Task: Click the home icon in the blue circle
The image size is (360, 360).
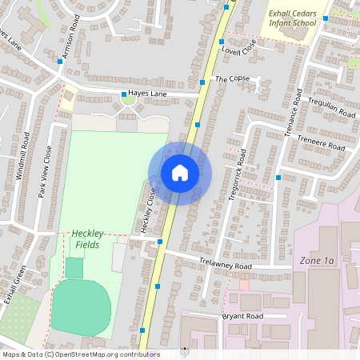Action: pyautogui.click(x=180, y=173)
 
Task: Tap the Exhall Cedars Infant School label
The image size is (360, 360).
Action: pyautogui.click(x=293, y=18)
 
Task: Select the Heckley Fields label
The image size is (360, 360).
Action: pyautogui.click(x=88, y=238)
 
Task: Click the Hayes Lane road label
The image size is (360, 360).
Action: pyautogui.click(x=146, y=94)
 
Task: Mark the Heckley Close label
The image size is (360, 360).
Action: pyautogui.click(x=146, y=210)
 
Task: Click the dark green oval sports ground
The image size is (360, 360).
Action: pyautogui.click(x=81, y=307)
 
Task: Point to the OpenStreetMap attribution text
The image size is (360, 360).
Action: pyautogui.click(x=80, y=354)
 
